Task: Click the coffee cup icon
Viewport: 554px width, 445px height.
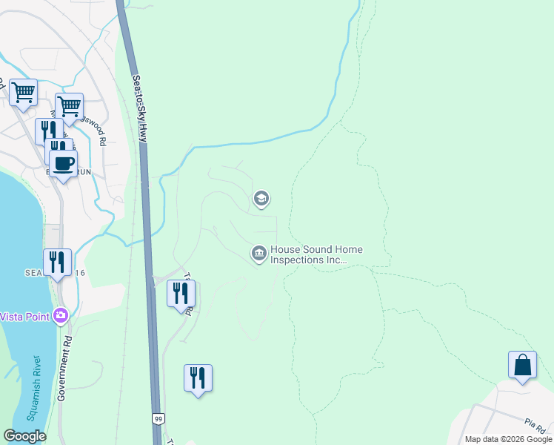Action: (x=63, y=163)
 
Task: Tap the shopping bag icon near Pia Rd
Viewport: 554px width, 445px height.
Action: (x=522, y=365)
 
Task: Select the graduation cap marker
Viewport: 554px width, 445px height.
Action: (x=260, y=198)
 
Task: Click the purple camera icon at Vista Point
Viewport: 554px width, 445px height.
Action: (x=61, y=316)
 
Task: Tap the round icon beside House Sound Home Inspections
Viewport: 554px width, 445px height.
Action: (x=258, y=254)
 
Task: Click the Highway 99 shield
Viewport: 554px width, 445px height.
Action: (x=158, y=419)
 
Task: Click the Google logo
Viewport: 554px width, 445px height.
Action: (x=24, y=436)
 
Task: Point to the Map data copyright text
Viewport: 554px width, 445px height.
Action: (x=509, y=439)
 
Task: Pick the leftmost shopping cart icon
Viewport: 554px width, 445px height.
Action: (x=24, y=93)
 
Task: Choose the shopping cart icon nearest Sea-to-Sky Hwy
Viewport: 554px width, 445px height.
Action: (x=69, y=106)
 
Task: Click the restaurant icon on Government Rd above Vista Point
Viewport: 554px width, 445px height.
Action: (x=57, y=262)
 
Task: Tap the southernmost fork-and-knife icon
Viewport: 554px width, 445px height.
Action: (x=198, y=378)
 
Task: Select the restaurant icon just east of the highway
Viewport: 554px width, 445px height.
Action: (x=181, y=293)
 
